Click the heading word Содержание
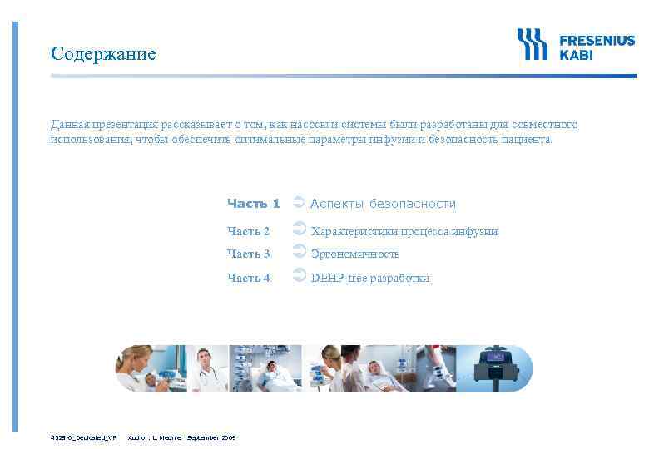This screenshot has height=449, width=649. click(x=102, y=54)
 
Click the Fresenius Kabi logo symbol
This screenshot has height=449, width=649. click(x=531, y=43)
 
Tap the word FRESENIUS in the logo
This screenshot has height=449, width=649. click(x=597, y=39)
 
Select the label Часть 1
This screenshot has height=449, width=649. click(x=253, y=203)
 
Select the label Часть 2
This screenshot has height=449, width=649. click(x=249, y=231)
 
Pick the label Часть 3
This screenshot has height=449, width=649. click(x=249, y=254)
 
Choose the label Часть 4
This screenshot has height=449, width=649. click(x=249, y=278)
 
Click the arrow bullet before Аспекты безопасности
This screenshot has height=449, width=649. click(x=300, y=202)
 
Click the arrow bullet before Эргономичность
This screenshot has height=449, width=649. click(x=300, y=253)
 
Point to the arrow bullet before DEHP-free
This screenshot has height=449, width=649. click(x=300, y=277)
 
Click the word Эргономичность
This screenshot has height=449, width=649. click(x=355, y=254)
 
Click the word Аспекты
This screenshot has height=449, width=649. click(x=336, y=204)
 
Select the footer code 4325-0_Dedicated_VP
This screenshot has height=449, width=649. click(x=82, y=437)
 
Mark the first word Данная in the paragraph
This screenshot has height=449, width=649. click(x=67, y=125)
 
